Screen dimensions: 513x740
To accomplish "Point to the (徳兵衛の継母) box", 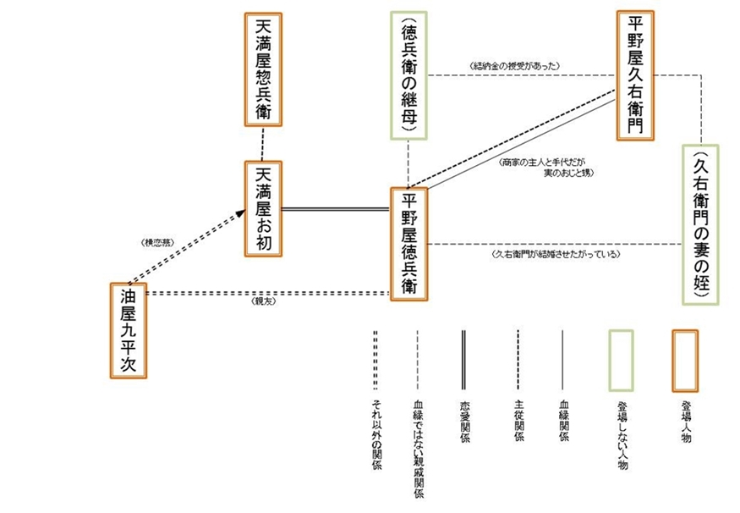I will [409, 74].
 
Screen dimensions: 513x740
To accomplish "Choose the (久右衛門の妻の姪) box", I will [702, 224].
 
